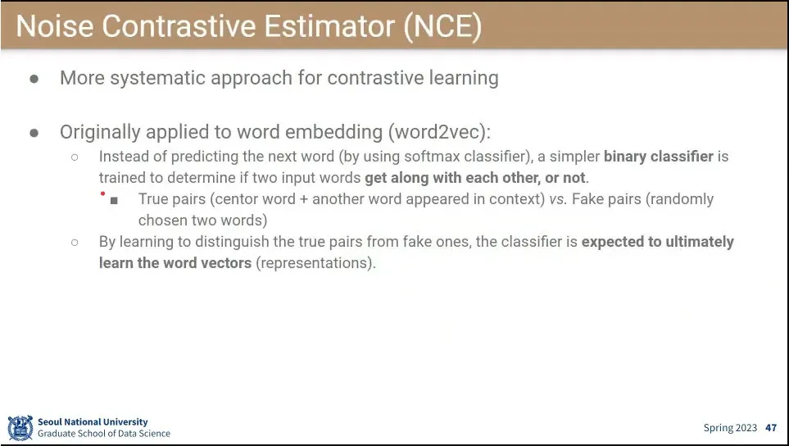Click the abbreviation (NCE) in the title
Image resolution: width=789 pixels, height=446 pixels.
[x=442, y=26]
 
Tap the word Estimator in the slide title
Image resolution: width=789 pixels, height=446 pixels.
[x=330, y=26]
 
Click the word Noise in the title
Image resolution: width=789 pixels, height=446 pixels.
[x=55, y=26]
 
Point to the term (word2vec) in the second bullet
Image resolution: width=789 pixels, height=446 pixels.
[x=439, y=132]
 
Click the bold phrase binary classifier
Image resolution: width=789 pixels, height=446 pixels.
[x=659, y=157]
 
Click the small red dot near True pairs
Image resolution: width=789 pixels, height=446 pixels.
[x=103, y=193]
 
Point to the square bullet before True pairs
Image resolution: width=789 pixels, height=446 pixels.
[x=114, y=200]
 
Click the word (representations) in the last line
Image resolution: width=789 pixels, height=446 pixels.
[x=316, y=263]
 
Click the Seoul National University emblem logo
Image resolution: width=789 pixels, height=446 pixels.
[x=20, y=428]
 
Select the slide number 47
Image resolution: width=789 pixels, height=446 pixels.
[x=771, y=428]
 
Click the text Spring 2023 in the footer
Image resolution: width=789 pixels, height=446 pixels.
[x=730, y=428]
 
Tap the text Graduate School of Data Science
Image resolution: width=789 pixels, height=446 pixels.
[x=104, y=434]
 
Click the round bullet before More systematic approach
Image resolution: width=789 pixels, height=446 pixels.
[x=34, y=79]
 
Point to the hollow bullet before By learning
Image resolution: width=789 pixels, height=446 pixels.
[x=75, y=243]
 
